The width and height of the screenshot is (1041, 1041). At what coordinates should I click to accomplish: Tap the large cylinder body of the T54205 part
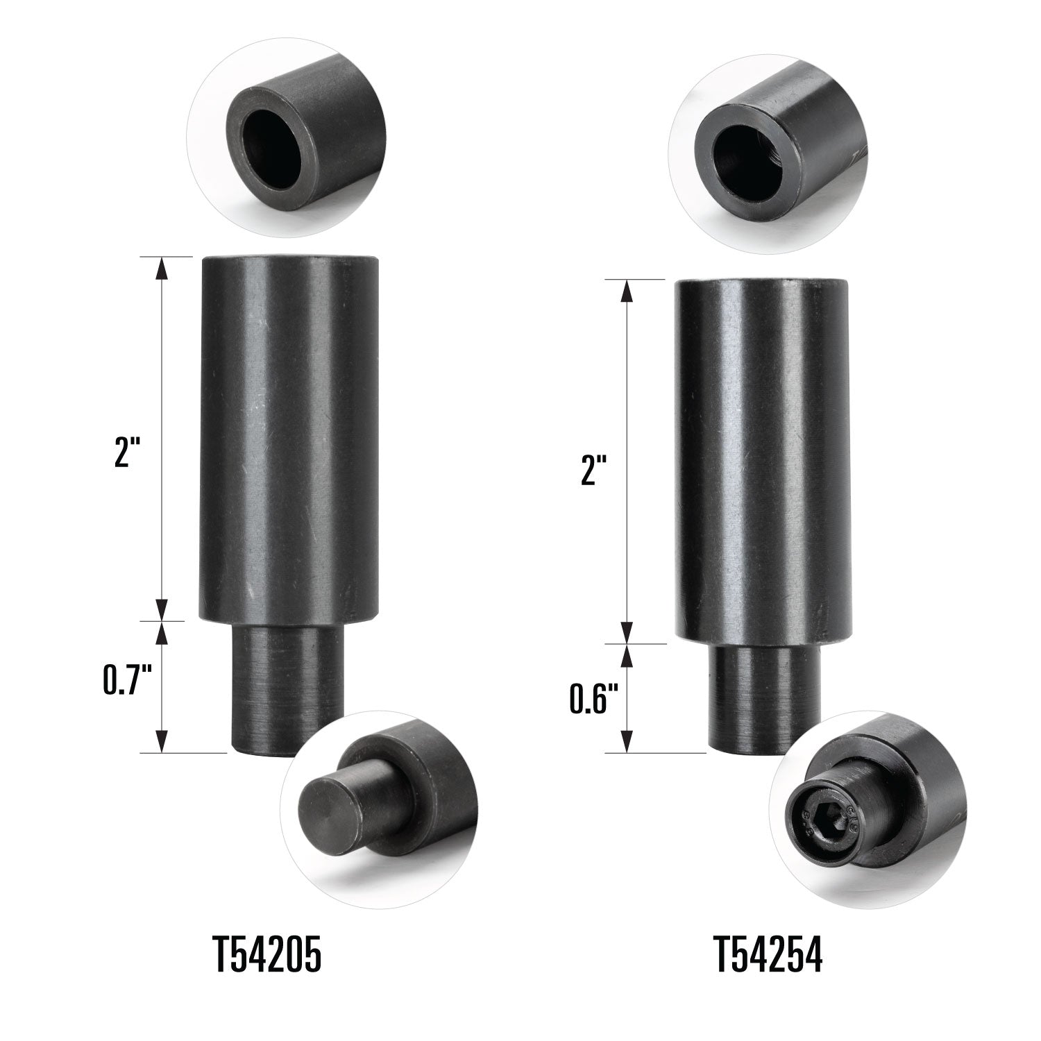[289, 437]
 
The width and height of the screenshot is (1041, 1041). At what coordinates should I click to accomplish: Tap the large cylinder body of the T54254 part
[762, 458]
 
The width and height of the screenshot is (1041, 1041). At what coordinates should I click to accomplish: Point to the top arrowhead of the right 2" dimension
[627, 290]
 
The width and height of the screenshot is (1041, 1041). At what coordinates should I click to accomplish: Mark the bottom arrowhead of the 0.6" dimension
[627, 741]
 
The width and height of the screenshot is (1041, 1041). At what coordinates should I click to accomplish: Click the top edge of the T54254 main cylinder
[762, 281]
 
